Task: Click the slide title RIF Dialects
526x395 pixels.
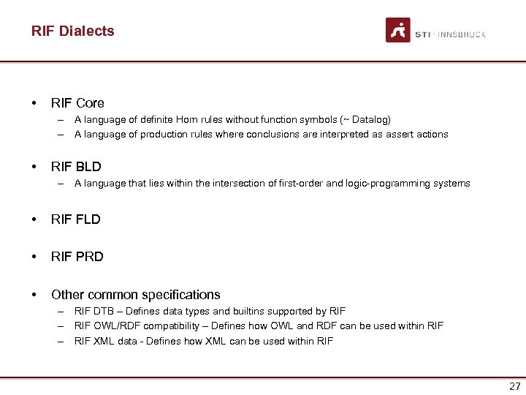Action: tap(73, 31)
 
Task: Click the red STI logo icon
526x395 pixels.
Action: tap(398, 30)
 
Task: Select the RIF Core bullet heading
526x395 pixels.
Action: tap(77, 103)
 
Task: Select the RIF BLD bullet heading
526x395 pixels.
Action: tap(76, 167)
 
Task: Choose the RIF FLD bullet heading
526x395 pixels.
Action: tap(76, 219)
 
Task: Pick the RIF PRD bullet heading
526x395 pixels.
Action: tap(77, 257)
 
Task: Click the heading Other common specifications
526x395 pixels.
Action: tap(135, 295)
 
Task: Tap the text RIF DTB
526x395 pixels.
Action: tap(93, 312)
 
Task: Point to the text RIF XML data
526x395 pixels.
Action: tap(105, 342)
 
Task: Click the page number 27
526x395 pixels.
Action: tap(515, 386)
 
